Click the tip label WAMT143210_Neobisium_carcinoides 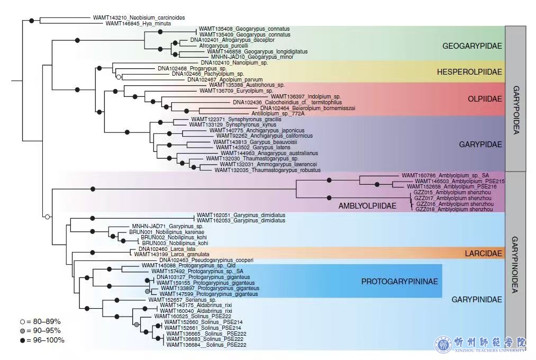click(139, 17)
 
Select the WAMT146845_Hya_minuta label click(138, 24)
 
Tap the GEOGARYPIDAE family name click(472, 46)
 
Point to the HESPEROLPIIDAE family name click(469, 72)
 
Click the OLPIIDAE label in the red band click(485, 99)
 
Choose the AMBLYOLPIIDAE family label click(367, 206)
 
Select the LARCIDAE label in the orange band click(484, 254)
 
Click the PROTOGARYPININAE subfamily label click(399, 281)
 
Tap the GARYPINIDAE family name click(477, 300)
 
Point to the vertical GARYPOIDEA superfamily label click(516, 110)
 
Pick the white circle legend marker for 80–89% click(23, 322)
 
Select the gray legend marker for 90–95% click(23, 331)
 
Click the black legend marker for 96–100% click(23, 340)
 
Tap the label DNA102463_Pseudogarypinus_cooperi click(206, 260)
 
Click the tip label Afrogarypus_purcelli click(224, 46)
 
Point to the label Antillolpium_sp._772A click(278, 113)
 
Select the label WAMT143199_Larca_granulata click(171, 254)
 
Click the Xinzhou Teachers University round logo click(443, 344)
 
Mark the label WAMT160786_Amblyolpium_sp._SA click(445, 175)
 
